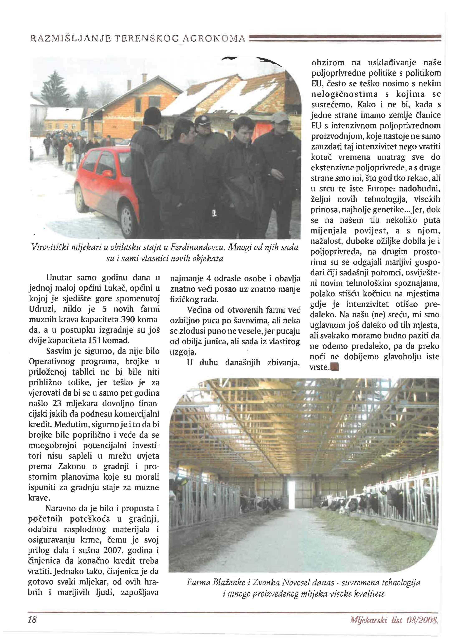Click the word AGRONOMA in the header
tap(214, 38)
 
